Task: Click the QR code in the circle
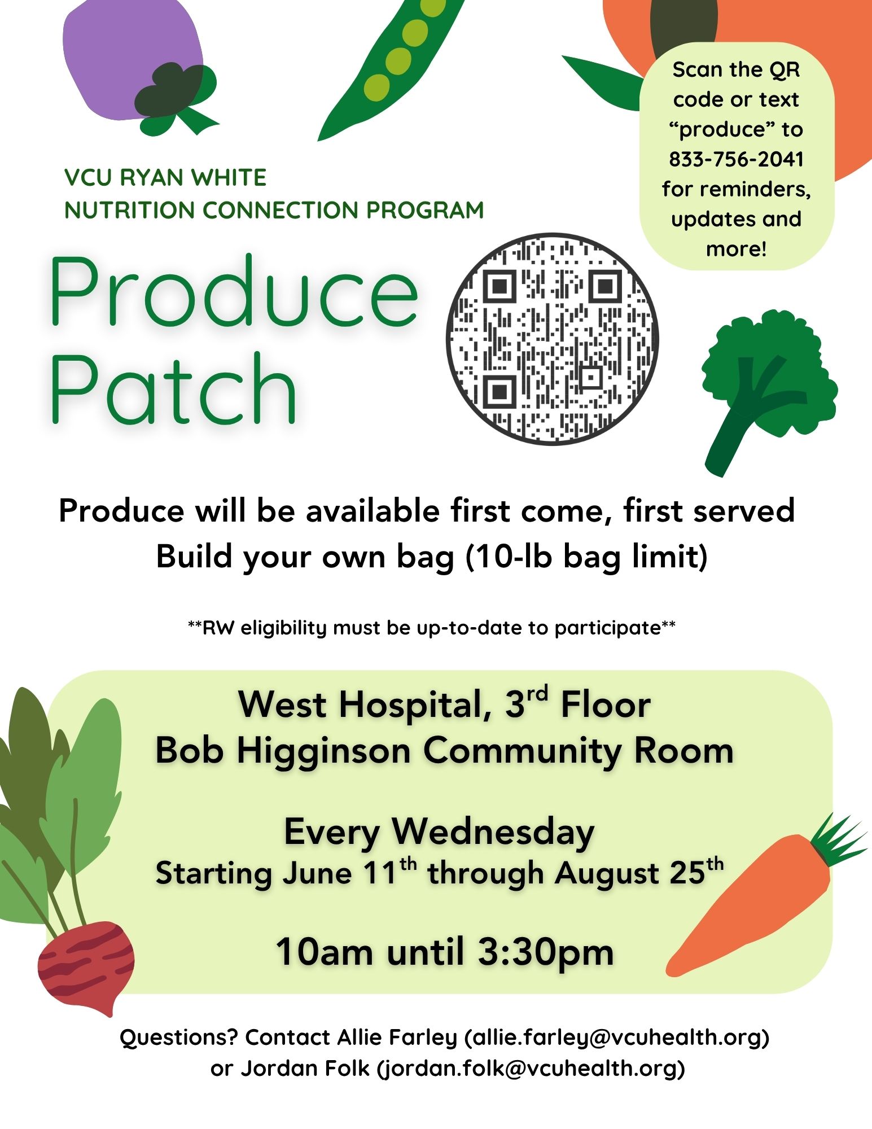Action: [x=552, y=339]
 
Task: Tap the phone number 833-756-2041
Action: [x=737, y=159]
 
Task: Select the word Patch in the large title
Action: [x=173, y=388]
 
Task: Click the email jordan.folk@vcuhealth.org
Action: [x=531, y=1068]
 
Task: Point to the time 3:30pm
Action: [x=545, y=952]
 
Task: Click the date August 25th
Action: [x=639, y=873]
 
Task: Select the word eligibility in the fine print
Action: [x=284, y=628]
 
